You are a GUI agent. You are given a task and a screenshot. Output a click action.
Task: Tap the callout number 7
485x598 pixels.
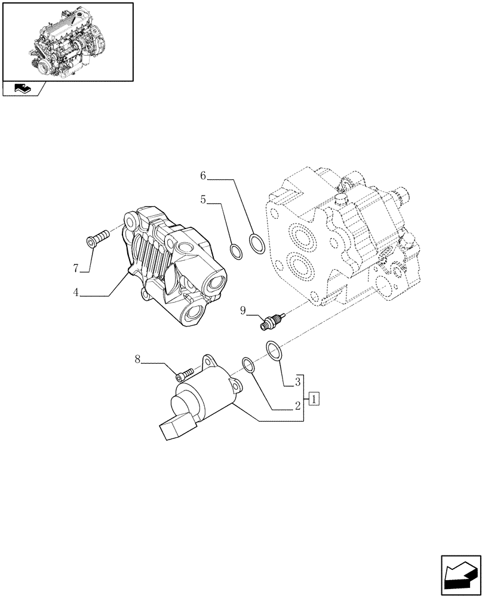pyautogui.click(x=76, y=269)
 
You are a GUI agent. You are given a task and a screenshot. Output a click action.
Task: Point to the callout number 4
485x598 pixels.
pyautogui.click(x=76, y=294)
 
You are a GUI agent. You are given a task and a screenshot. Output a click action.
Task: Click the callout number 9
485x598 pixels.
pyautogui.click(x=244, y=310)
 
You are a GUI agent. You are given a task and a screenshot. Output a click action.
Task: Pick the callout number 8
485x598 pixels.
pyautogui.click(x=137, y=359)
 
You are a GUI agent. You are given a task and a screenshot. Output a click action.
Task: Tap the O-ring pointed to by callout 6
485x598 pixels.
pyautogui.click(x=257, y=243)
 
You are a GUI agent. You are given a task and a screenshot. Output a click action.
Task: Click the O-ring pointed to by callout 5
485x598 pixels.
pyautogui.click(x=237, y=252)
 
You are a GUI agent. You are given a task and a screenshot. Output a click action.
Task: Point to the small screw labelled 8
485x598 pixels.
pyautogui.click(x=185, y=374)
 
